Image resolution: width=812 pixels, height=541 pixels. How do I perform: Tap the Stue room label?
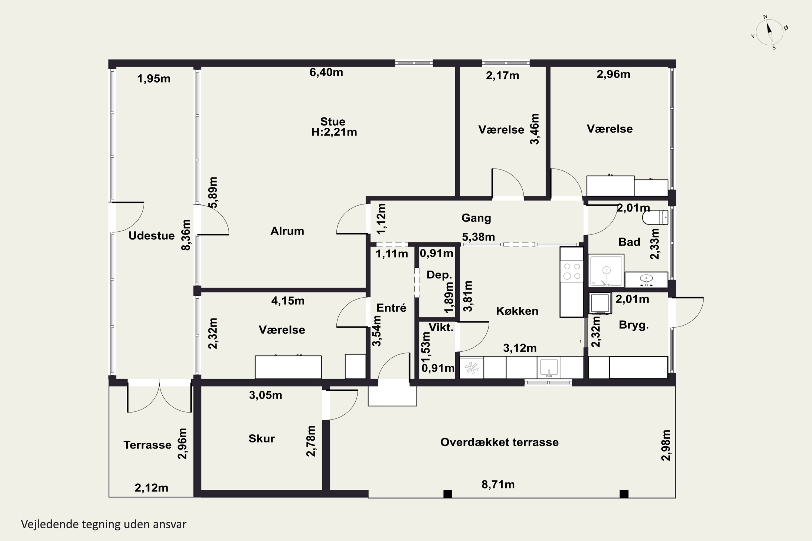[x=332, y=121]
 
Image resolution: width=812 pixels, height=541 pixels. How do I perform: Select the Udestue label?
[x=152, y=236]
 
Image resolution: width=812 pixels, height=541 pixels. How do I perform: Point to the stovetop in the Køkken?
[x=572, y=271]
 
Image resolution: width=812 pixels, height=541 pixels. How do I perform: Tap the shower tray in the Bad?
[x=606, y=271]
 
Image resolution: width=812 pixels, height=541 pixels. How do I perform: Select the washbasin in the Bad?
[x=646, y=279]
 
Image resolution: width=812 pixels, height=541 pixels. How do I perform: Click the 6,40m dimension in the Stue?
[x=326, y=72]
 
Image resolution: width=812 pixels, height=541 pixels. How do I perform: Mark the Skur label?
[x=262, y=438]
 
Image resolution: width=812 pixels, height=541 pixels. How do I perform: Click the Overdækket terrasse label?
[x=499, y=442]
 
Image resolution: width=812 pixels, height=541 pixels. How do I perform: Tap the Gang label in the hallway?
[x=476, y=218]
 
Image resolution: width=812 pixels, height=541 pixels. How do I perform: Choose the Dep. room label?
[x=439, y=275]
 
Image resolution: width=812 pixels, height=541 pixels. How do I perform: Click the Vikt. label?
[x=441, y=327]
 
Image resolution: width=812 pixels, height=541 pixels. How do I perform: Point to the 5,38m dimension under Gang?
[x=479, y=237]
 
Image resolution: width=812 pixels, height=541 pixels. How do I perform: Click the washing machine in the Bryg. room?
[x=600, y=303]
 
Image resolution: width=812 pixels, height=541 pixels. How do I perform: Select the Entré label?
[x=391, y=308]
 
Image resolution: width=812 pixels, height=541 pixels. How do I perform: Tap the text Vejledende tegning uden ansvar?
[x=104, y=524]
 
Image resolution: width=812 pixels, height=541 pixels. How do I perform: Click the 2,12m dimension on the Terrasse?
[x=152, y=488]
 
